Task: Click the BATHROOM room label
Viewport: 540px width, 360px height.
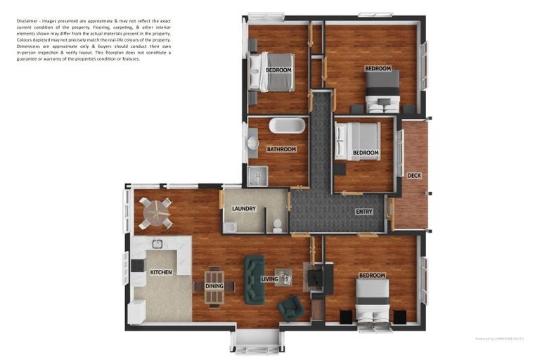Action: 281,149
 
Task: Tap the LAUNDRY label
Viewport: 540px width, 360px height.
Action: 244,209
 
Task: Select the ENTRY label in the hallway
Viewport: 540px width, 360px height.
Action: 364,212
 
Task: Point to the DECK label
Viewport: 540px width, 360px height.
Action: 414,176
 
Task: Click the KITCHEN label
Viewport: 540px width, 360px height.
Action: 161,272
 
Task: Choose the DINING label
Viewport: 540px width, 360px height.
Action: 214,286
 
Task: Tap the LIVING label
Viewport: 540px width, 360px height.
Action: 269,279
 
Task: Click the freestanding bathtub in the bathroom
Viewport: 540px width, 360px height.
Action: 287,126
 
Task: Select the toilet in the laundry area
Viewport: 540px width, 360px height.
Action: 278,225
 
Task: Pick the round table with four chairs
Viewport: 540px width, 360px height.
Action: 155,212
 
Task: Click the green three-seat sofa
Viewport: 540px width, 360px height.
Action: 254,279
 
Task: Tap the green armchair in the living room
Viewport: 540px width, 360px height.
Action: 290,307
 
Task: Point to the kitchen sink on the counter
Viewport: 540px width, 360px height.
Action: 157,244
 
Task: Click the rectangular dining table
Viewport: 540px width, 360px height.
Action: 214,287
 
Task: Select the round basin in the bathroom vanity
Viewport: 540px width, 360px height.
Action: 252,143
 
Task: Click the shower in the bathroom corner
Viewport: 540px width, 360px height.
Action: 257,176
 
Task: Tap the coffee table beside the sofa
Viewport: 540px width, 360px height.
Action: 283,278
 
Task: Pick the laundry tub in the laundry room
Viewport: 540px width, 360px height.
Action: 229,226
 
